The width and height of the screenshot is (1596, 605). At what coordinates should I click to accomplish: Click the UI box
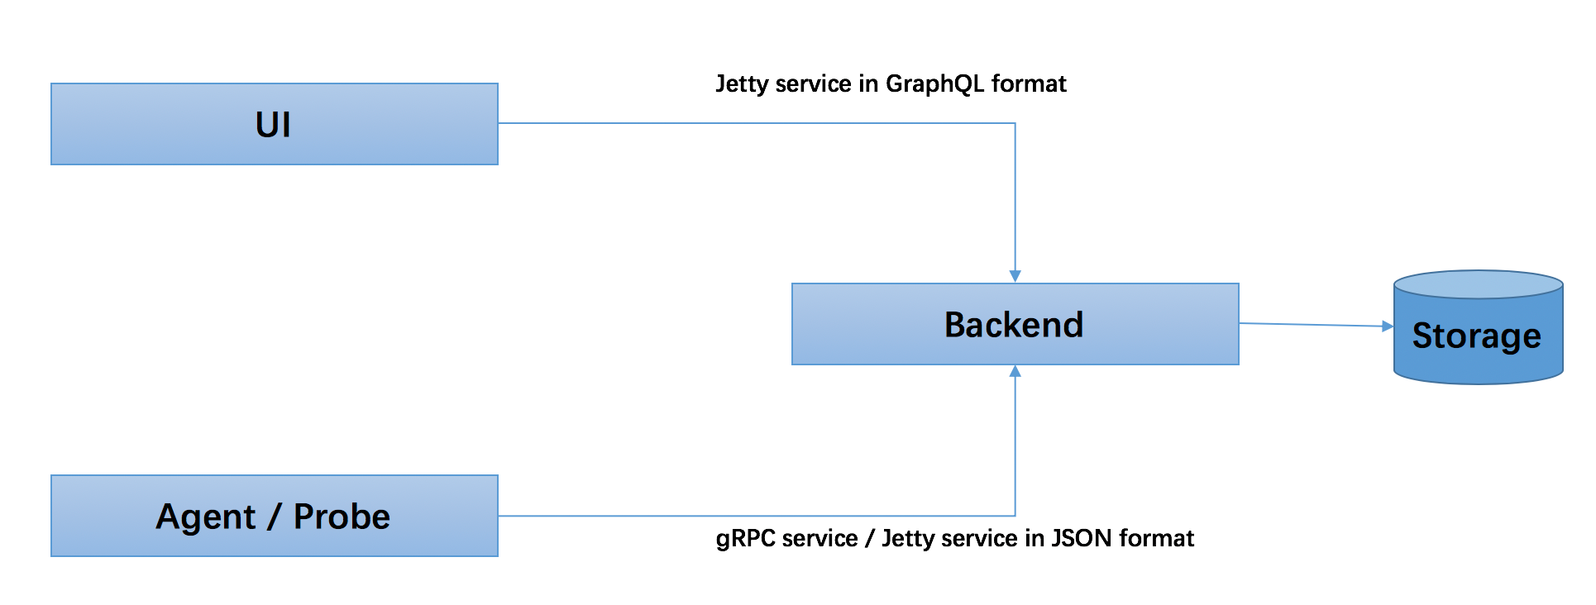click(x=275, y=124)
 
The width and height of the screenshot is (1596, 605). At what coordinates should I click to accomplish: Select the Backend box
click(x=1015, y=324)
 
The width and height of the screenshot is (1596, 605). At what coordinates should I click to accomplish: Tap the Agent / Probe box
click(x=275, y=516)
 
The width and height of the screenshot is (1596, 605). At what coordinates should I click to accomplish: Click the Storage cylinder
click(x=1479, y=327)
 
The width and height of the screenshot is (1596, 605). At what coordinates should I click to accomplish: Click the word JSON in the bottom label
click(x=1082, y=538)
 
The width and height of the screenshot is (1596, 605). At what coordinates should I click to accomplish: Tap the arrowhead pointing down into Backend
click(x=1015, y=276)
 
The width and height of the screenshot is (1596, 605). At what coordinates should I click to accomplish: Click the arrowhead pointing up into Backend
click(x=1015, y=372)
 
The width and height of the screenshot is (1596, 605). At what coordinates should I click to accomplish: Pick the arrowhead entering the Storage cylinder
click(x=1388, y=326)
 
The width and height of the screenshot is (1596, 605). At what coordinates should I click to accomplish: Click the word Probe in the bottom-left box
click(x=342, y=517)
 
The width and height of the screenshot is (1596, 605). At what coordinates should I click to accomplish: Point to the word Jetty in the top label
click(x=742, y=84)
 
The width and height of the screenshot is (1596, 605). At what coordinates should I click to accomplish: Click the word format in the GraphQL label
click(x=1029, y=83)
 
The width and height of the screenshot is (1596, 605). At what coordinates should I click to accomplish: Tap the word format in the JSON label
click(x=1157, y=538)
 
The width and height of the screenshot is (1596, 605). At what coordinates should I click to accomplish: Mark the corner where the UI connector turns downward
click(x=1015, y=123)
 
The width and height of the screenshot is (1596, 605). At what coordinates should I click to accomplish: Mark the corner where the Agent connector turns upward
click(x=1015, y=516)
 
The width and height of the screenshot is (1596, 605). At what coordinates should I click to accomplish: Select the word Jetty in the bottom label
click(x=909, y=539)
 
